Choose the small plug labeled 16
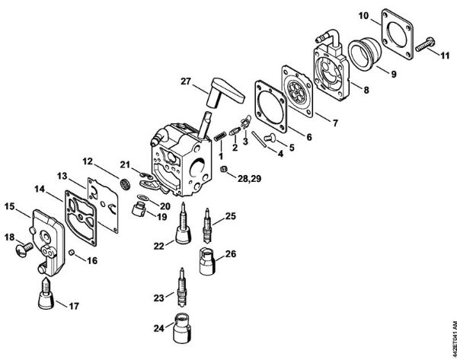(x=72, y=251)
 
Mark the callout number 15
(x=10, y=205)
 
